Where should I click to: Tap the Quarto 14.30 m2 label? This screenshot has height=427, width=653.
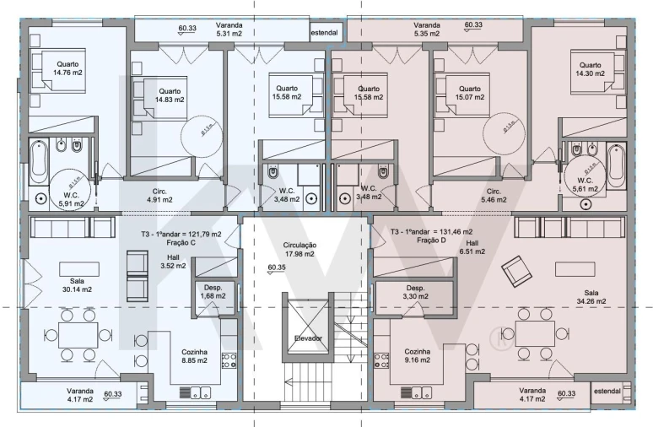point(589,69)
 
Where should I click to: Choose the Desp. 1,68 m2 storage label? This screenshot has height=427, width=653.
point(213,291)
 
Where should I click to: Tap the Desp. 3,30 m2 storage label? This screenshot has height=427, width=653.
point(414,292)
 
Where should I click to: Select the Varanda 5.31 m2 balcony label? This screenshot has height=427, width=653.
point(229,30)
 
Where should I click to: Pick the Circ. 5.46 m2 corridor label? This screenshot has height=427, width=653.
point(494,196)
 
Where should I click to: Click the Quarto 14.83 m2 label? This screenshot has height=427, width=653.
point(169,95)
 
